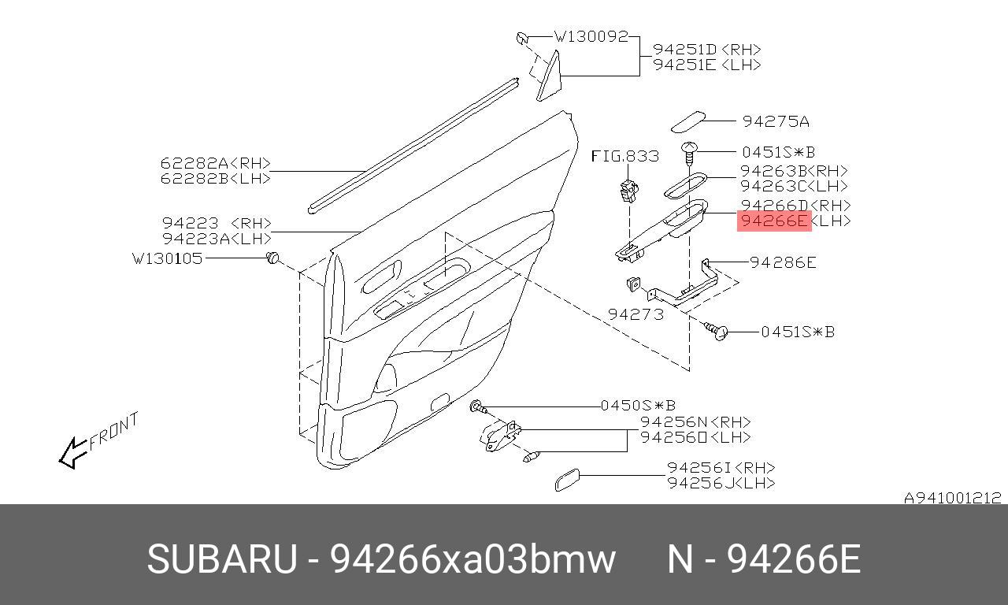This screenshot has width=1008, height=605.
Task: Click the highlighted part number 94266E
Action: (x=774, y=221)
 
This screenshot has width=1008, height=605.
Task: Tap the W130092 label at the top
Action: (x=591, y=36)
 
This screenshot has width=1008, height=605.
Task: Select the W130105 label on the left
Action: (x=167, y=258)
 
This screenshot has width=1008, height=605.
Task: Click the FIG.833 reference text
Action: (x=624, y=156)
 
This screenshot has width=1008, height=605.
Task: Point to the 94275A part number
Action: (x=776, y=121)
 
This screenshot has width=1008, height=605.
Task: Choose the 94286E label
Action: (x=783, y=262)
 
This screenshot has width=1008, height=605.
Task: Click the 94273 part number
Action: (x=636, y=314)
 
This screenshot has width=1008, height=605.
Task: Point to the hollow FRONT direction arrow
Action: (x=72, y=452)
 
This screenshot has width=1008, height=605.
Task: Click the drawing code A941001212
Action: (x=952, y=498)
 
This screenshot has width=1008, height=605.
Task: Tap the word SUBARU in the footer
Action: (x=222, y=559)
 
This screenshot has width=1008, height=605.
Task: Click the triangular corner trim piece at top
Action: (x=549, y=77)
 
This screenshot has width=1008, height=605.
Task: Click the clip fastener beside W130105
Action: (x=273, y=258)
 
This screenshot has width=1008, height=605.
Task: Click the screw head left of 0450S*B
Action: (x=477, y=406)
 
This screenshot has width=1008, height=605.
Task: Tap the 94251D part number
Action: (x=683, y=49)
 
